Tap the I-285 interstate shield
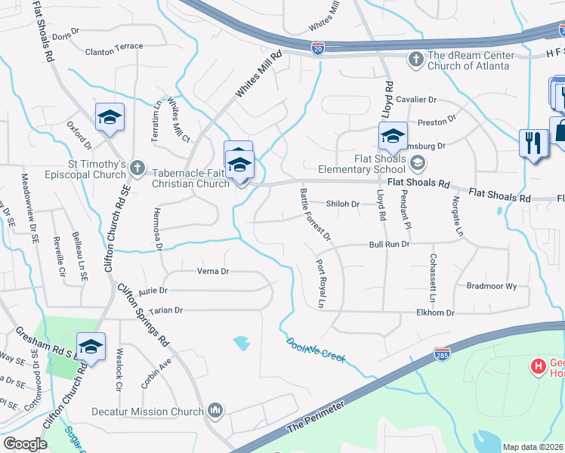(441, 353)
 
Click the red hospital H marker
(539, 368)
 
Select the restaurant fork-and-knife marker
(533, 141)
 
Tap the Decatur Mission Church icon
(215, 411)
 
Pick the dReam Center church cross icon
(415, 59)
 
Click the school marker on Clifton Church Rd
(91, 347)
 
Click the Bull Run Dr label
(389, 245)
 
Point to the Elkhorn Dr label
(434, 313)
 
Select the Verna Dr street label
(212, 271)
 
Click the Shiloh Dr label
(342, 204)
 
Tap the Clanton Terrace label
(113, 46)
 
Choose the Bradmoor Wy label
(491, 286)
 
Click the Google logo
(26, 443)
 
